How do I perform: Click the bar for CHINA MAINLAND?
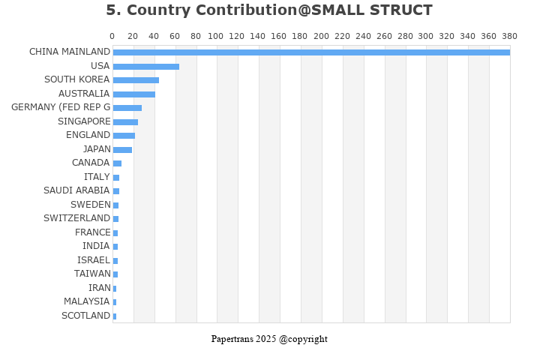click(x=310, y=52)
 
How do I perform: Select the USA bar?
click(x=145, y=67)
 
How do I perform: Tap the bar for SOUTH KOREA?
click(x=136, y=80)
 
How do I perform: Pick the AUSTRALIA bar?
click(x=133, y=94)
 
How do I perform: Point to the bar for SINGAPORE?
click(x=125, y=122)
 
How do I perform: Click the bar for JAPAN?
click(x=122, y=150)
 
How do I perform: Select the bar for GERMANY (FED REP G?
click(x=127, y=108)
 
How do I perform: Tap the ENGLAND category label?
click(x=88, y=135)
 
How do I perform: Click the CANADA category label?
click(x=91, y=163)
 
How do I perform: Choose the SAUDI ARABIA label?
click(x=76, y=190)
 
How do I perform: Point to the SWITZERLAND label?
click(x=76, y=218)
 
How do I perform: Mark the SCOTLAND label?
click(x=85, y=316)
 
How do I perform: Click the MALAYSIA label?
click(x=86, y=301)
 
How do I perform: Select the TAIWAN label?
click(x=92, y=274)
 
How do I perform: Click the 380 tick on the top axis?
click(x=510, y=36)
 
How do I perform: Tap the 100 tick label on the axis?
click(x=217, y=36)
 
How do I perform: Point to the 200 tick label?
click(x=322, y=36)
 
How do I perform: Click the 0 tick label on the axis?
click(x=112, y=36)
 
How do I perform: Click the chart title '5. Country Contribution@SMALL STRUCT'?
click(x=269, y=10)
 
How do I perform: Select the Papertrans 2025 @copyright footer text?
click(x=269, y=339)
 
